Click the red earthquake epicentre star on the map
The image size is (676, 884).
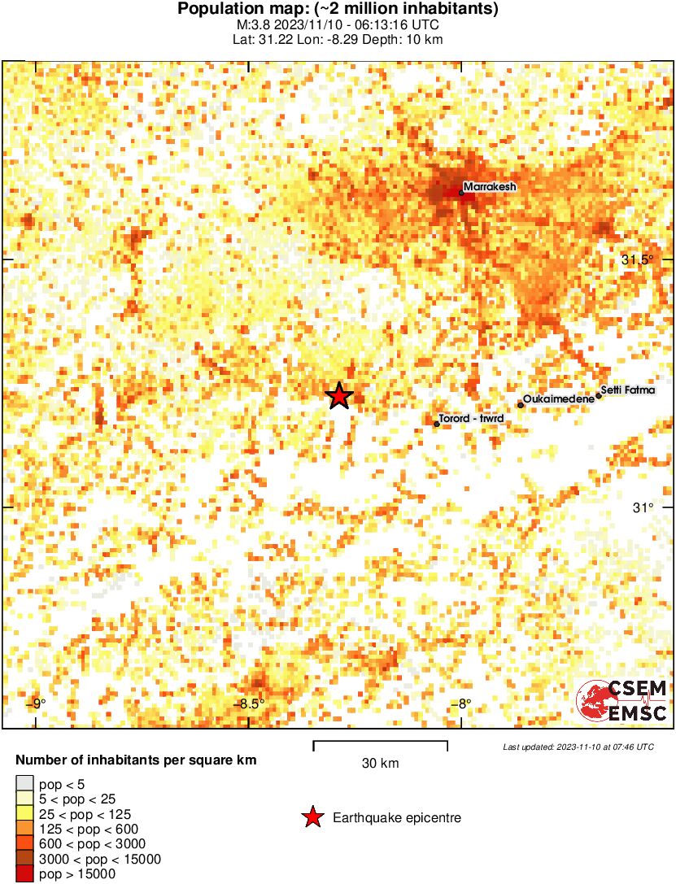(x=339, y=396)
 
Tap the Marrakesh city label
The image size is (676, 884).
(x=490, y=187)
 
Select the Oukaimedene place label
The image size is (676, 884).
(x=558, y=399)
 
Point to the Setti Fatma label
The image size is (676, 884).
(x=627, y=390)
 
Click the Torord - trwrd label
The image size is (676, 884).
(x=471, y=419)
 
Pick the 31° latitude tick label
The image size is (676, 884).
(x=643, y=507)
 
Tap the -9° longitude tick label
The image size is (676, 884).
(x=36, y=704)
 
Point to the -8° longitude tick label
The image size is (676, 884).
(x=460, y=704)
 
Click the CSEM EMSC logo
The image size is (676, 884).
(x=622, y=700)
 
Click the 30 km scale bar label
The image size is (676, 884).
(x=380, y=763)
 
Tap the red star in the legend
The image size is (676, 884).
(x=311, y=818)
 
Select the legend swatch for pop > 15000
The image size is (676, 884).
(x=24, y=874)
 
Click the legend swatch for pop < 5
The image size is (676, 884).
(x=24, y=784)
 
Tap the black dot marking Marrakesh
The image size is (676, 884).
(x=461, y=193)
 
